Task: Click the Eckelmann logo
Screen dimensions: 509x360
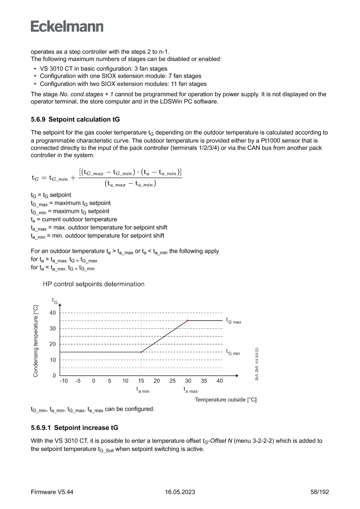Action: tap(67, 26)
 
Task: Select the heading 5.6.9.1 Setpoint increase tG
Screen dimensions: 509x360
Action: tap(75, 427)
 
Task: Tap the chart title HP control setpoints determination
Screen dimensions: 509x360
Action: tap(94, 284)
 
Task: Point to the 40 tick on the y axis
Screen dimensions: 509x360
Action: tap(53, 313)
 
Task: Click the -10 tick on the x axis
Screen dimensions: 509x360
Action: tap(64, 381)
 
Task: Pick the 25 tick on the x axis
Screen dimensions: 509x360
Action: tap(172, 381)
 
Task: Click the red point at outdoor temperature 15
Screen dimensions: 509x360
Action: tap(141, 352)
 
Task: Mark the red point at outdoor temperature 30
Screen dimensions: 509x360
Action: tap(188, 320)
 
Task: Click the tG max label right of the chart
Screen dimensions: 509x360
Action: tap(233, 320)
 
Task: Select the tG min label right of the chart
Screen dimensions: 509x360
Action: tap(233, 352)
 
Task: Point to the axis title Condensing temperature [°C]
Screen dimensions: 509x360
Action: tap(36, 341)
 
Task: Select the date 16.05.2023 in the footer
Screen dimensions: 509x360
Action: tap(180, 492)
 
